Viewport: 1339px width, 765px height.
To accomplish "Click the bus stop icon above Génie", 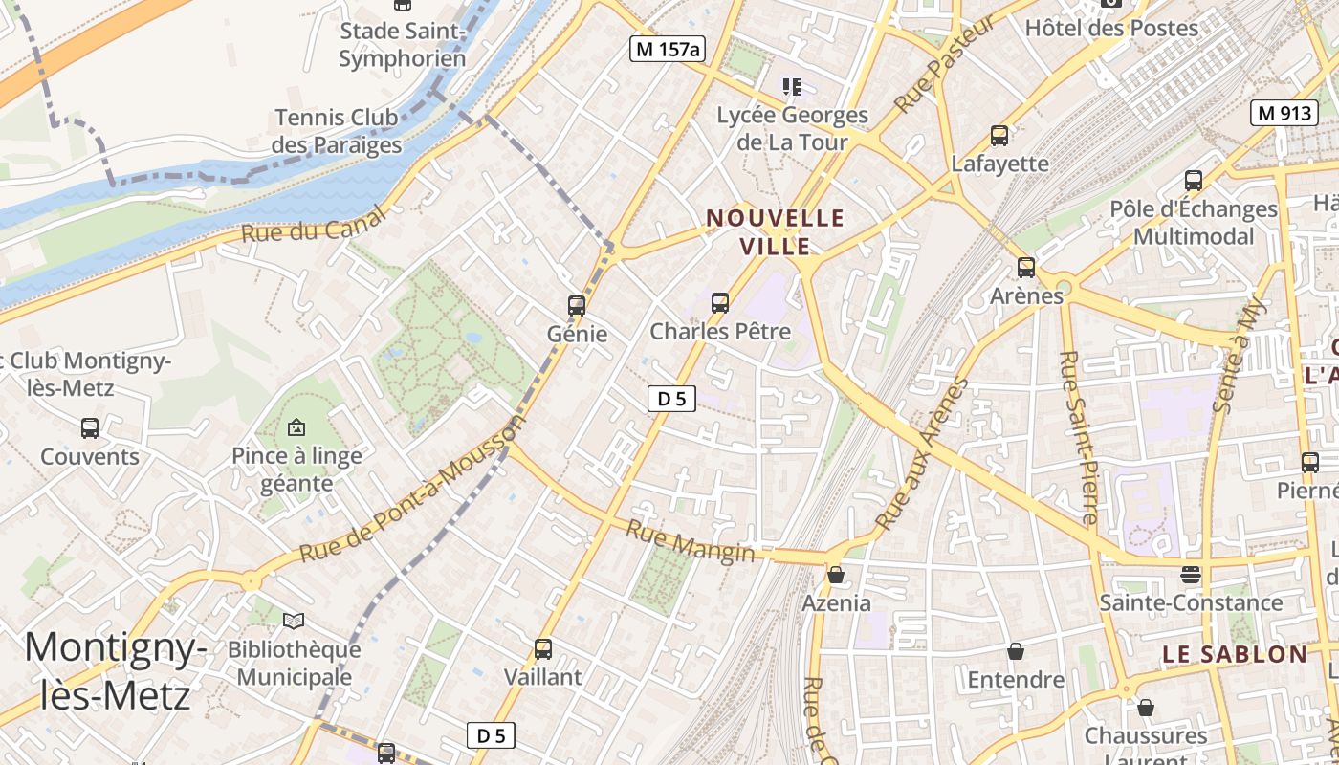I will point(576,306).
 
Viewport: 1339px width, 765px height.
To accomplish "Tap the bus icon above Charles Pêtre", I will point(720,303).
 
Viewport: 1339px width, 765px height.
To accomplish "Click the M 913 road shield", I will point(1284,113).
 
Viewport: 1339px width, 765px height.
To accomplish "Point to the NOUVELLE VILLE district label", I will point(776,232).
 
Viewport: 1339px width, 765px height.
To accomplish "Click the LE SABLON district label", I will point(1234,655).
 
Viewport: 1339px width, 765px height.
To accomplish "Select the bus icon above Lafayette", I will point(999,136).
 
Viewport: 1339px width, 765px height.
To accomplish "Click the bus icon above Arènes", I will point(1026,268).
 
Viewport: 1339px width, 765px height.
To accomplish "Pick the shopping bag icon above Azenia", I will point(836,575).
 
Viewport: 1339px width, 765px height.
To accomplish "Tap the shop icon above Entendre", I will point(1016,651).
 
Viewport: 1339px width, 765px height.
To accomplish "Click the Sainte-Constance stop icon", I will point(1190,574).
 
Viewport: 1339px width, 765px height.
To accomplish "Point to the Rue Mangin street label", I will point(690,541).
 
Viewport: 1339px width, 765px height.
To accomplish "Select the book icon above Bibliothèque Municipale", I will point(294,622).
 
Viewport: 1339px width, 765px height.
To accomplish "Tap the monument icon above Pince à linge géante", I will point(296,427).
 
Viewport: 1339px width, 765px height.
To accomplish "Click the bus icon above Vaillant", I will point(543,649).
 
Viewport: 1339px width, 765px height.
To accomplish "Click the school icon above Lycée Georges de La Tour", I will point(792,88).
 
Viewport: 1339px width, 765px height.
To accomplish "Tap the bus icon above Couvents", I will point(90,428).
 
